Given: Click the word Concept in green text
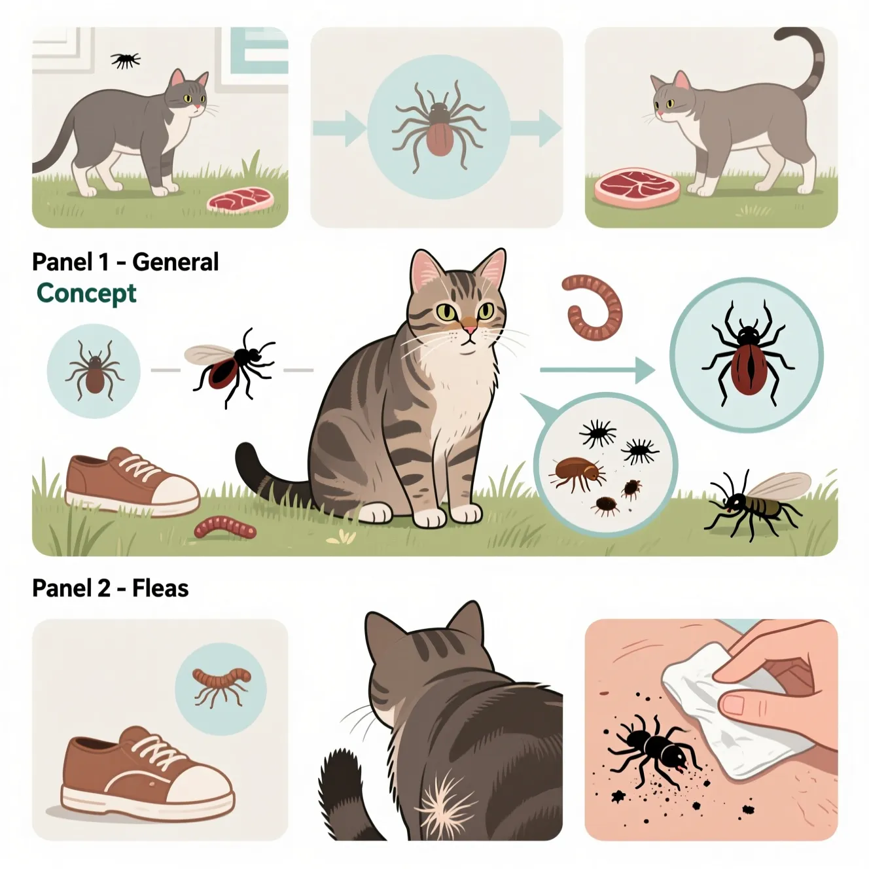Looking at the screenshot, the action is (86, 294).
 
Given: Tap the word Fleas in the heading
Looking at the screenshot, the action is (160, 588).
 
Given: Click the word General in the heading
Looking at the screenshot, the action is (175, 262).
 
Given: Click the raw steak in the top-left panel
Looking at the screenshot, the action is (240, 199).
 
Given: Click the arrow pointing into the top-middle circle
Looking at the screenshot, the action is (340, 128).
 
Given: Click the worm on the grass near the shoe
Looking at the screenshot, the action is (225, 526).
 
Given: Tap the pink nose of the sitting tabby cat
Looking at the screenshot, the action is (470, 330).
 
